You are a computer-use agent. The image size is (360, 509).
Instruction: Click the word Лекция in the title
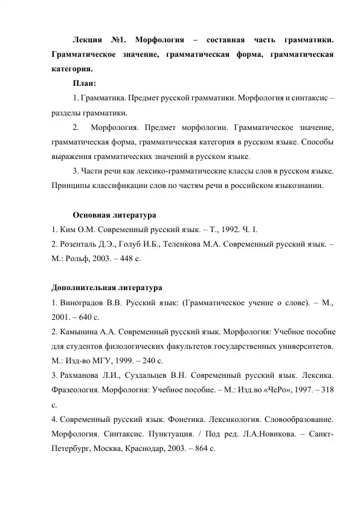click(x=86, y=41)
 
